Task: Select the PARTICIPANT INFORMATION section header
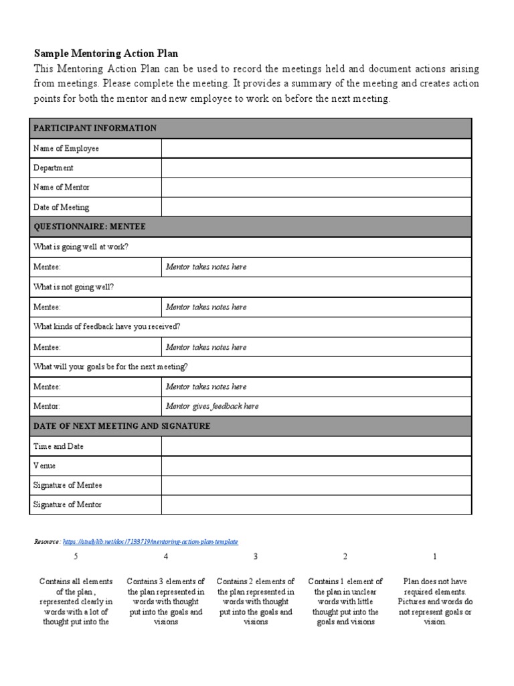click(94, 128)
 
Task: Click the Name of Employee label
click(66, 148)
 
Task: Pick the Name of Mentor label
click(62, 188)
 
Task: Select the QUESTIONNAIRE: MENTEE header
click(89, 227)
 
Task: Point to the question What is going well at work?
click(81, 247)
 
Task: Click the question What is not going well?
click(74, 287)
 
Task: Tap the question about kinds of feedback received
click(106, 327)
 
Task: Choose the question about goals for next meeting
click(110, 366)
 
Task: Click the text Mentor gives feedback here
click(212, 406)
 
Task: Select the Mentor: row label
click(47, 406)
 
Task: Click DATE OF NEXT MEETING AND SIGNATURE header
click(122, 426)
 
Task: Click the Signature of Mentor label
click(68, 504)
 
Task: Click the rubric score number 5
click(76, 557)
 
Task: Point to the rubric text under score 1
click(434, 602)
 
